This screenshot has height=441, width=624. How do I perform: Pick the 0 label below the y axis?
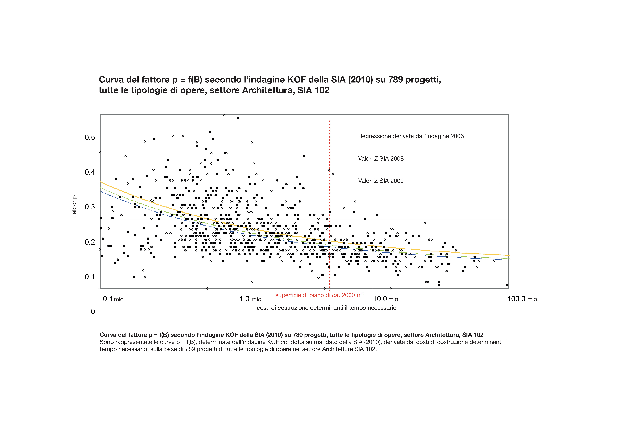(x=93, y=311)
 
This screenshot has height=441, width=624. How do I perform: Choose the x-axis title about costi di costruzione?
(x=326, y=308)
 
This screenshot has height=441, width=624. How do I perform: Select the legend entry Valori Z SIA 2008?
(x=381, y=159)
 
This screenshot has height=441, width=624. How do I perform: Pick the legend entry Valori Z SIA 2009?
(x=381, y=181)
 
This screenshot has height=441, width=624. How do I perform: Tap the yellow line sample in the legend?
(x=348, y=137)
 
